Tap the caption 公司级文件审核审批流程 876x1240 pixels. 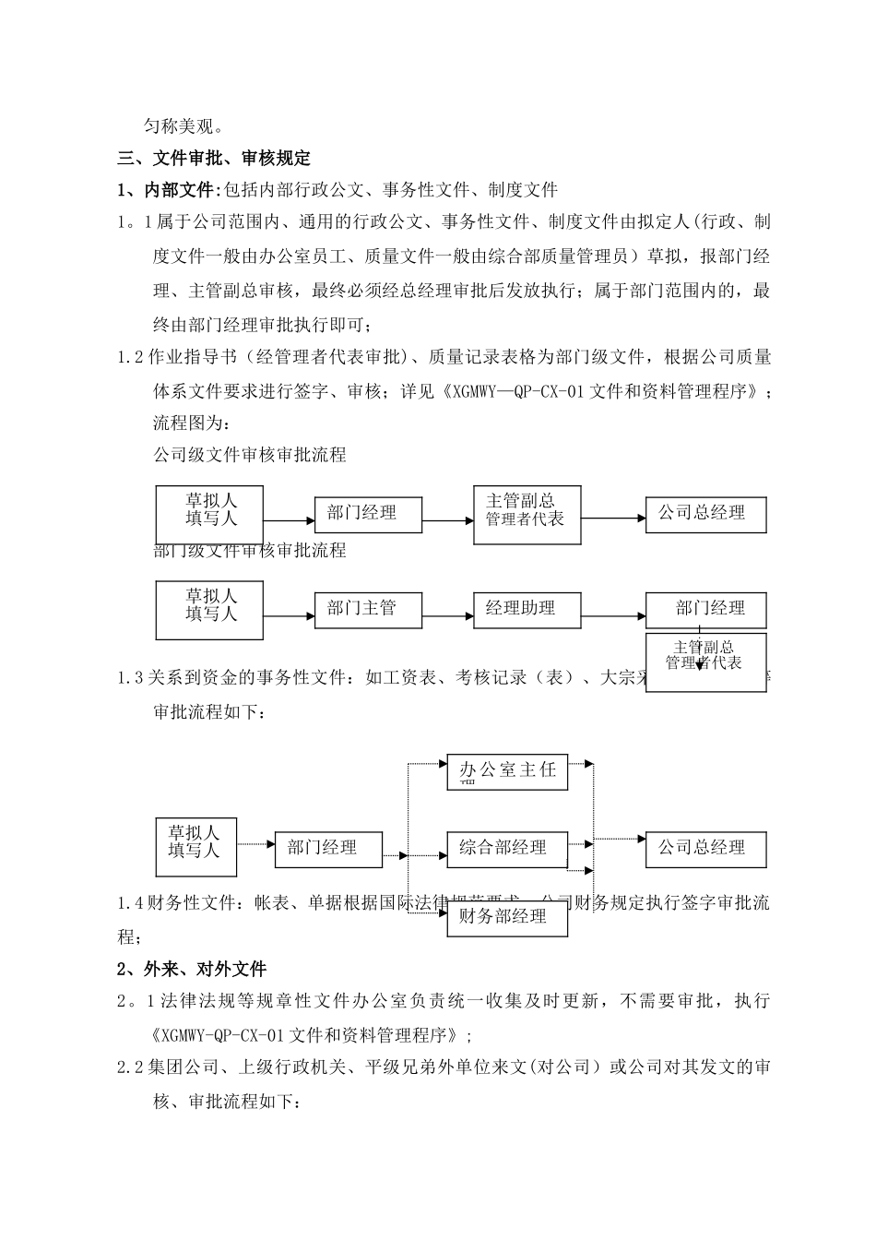tap(249, 455)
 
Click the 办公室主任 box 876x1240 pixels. tap(507, 771)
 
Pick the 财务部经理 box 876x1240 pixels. tap(507, 918)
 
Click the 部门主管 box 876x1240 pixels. tap(368, 610)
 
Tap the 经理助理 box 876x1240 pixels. tap(527, 610)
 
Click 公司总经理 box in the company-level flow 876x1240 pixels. tap(706, 514)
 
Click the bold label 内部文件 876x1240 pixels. tap(179, 191)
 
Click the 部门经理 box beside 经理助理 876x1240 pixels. tap(706, 610)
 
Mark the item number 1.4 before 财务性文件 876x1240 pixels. tap(132, 904)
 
